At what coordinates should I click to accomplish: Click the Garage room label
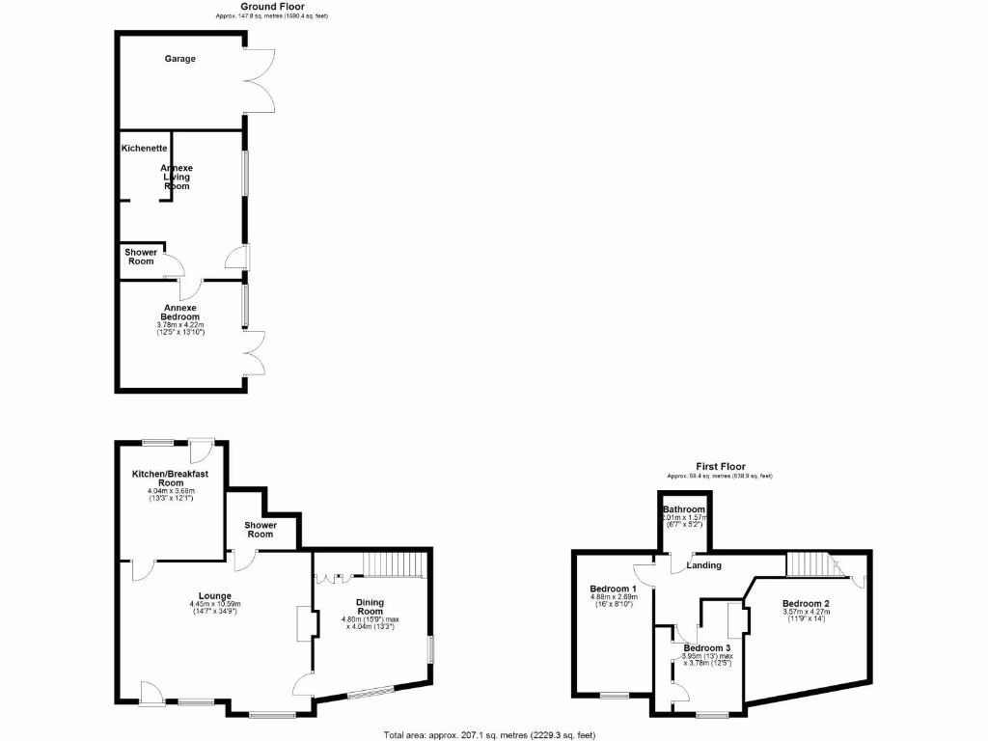pos(178,59)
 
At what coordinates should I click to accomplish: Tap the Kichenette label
pos(145,149)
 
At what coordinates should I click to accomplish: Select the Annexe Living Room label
pos(176,177)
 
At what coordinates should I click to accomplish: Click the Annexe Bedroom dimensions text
pos(180,330)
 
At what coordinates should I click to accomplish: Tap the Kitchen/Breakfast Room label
pos(171,478)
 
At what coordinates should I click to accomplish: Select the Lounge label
pos(213,595)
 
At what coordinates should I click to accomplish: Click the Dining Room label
pos(370,607)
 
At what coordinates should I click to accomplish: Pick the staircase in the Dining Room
pos(394,563)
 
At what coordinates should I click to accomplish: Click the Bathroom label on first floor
pos(683,509)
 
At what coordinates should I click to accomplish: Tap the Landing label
pos(704,565)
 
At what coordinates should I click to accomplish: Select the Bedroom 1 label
pos(613,589)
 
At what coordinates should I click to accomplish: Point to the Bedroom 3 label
pos(706,647)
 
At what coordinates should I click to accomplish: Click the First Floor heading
pos(721,467)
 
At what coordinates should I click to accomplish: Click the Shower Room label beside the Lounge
pos(261,530)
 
